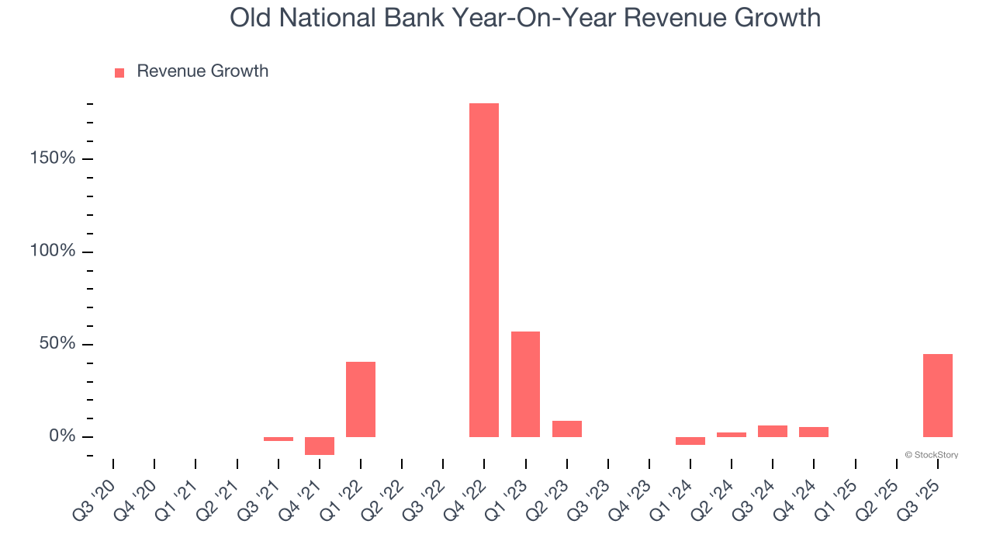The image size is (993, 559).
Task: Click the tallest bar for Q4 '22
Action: (x=484, y=270)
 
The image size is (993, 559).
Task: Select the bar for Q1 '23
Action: (x=525, y=384)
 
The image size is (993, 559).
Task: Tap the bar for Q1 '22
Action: (x=361, y=399)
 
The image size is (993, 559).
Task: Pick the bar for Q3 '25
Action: (x=938, y=395)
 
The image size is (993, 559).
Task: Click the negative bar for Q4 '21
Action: (x=320, y=446)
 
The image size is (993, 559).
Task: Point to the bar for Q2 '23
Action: (x=567, y=429)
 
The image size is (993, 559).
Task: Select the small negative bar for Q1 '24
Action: (x=690, y=441)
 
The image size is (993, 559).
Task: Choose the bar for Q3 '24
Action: (x=773, y=431)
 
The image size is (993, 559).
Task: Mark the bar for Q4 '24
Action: (x=814, y=432)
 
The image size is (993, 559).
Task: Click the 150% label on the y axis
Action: (x=54, y=159)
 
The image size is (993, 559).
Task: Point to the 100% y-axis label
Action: (x=54, y=252)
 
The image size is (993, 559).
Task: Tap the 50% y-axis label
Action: (x=58, y=344)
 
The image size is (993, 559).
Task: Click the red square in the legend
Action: (x=119, y=73)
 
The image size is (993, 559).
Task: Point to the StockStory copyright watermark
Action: (x=931, y=455)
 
